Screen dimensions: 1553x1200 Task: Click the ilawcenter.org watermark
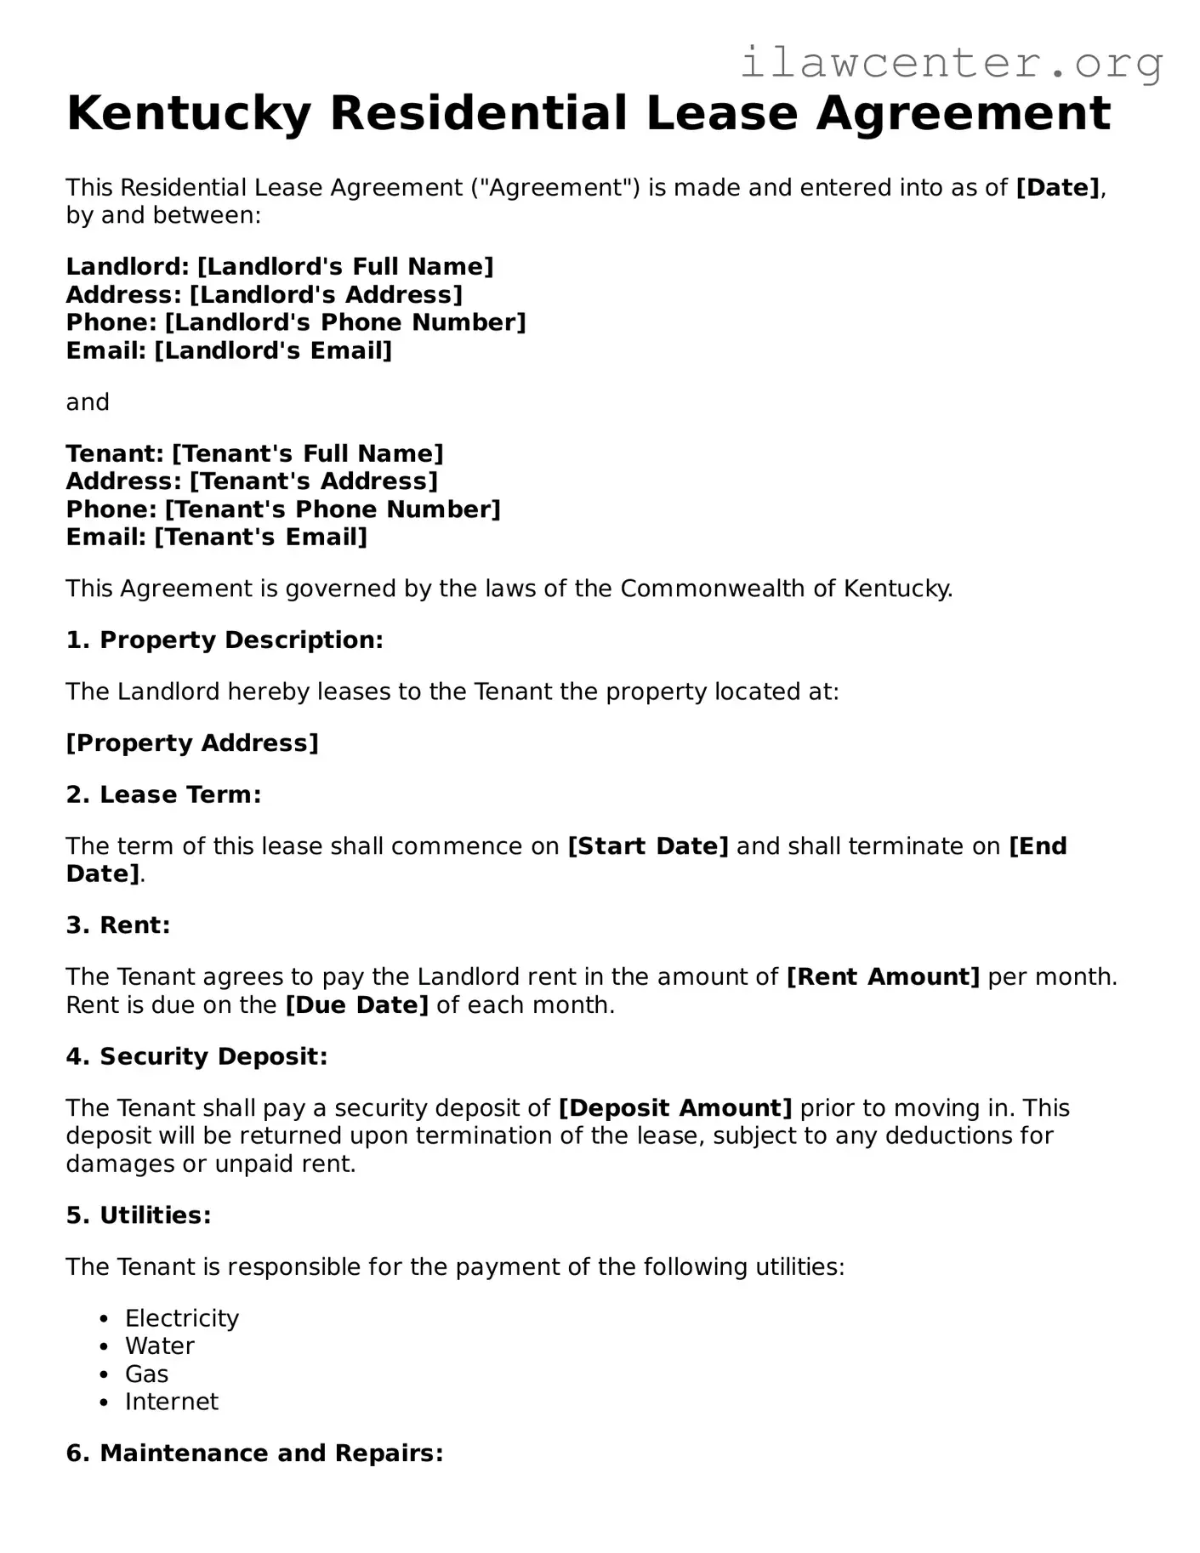951,64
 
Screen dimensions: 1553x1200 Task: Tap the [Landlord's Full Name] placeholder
345,267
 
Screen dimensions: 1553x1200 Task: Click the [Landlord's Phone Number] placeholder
345,323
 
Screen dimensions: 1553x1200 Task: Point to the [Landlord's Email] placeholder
273,350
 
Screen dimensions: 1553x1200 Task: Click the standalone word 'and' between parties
88,402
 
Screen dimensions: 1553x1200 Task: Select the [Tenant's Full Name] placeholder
308,454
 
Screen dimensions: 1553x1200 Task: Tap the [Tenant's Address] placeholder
314,481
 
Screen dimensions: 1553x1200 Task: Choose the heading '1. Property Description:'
225,640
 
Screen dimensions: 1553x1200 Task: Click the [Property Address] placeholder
192,743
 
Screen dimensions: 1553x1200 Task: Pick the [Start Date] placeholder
648,846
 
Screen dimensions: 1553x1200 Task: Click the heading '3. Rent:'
118,925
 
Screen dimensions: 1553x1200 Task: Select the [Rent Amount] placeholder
884,977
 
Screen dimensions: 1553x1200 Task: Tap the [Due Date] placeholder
356,1005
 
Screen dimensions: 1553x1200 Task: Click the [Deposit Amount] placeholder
675,1108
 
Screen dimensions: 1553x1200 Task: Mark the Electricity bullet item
182,1318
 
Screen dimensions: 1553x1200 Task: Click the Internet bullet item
172,1402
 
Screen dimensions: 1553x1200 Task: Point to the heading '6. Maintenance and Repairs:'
254,1453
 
